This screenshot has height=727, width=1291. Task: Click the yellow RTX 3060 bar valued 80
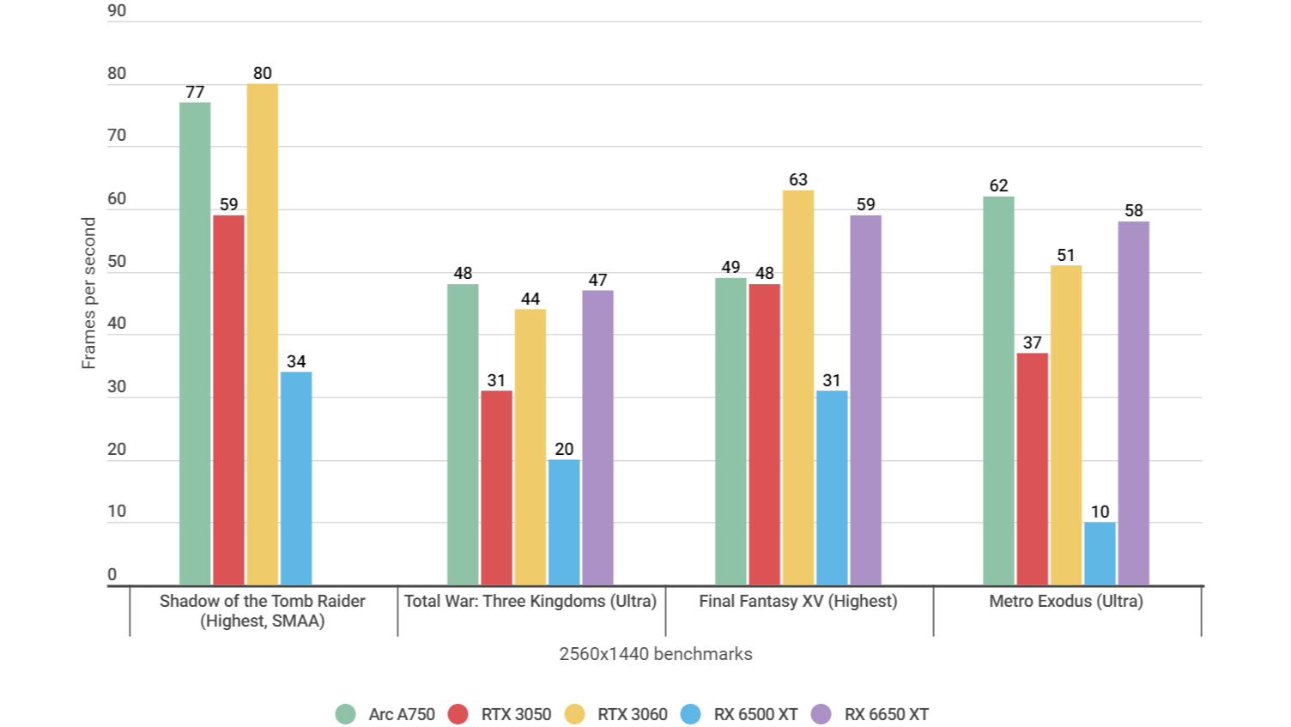(x=262, y=335)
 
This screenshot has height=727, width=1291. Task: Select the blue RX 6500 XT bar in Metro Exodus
(x=1100, y=554)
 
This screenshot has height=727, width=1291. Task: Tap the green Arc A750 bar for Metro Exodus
(x=998, y=391)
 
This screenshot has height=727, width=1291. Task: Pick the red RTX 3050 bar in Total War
(x=496, y=488)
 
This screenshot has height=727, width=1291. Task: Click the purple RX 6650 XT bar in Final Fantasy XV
(x=865, y=400)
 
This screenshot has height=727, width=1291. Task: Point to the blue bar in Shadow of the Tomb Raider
(x=296, y=478)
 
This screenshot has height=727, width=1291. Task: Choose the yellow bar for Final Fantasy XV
(x=798, y=388)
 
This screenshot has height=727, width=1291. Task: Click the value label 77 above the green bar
(x=195, y=92)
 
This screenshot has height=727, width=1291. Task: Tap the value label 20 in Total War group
(x=564, y=449)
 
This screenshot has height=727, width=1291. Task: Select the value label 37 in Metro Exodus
(x=1032, y=342)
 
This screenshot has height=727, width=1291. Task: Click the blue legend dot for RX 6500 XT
(x=691, y=714)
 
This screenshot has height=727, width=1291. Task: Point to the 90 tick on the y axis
(x=117, y=11)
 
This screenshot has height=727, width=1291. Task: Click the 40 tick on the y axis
(x=117, y=324)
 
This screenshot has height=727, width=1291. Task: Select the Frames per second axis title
(x=88, y=293)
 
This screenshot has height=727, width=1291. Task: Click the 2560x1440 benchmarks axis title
(x=656, y=654)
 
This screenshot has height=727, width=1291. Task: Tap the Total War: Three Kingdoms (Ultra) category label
(x=530, y=601)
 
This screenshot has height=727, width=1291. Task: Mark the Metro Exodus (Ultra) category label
(x=1066, y=601)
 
